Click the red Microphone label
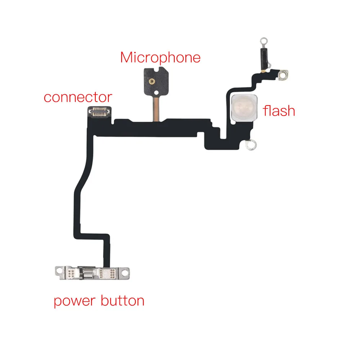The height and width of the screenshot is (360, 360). pyautogui.click(x=160, y=58)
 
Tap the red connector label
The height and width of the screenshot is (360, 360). pyautogui.click(x=78, y=97)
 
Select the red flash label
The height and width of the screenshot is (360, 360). pyautogui.click(x=279, y=111)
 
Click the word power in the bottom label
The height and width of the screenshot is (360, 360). pyautogui.click(x=75, y=301)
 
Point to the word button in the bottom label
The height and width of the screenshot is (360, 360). pyautogui.click(x=123, y=300)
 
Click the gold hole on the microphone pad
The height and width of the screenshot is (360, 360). pyautogui.click(x=152, y=81)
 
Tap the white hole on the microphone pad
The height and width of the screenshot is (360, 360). pyautogui.click(x=156, y=93)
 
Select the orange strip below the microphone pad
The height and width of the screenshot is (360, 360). pyautogui.click(x=156, y=109)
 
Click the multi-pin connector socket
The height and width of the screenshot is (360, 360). pyautogui.click(x=99, y=112)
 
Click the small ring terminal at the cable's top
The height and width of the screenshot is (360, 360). pyautogui.click(x=264, y=41)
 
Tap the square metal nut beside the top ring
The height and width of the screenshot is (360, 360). pyautogui.click(x=283, y=75)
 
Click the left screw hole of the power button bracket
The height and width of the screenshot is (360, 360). pyautogui.click(x=59, y=271)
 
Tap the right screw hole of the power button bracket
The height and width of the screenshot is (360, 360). pyautogui.click(x=125, y=273)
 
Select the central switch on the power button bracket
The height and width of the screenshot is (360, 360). pyautogui.click(x=88, y=273)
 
